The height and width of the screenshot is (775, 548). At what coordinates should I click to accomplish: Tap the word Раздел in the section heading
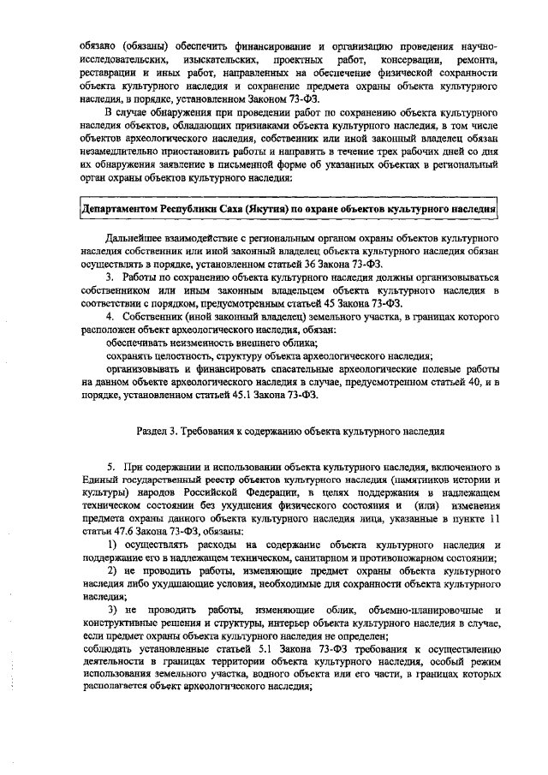(156, 433)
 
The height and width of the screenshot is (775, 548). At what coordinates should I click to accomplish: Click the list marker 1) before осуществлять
(111, 545)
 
